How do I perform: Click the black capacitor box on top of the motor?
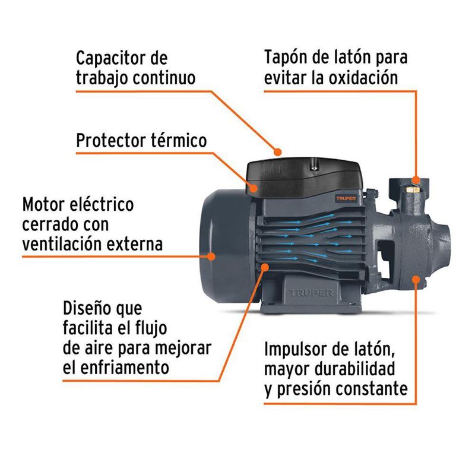[303, 175]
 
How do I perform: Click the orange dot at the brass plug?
[416, 180]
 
